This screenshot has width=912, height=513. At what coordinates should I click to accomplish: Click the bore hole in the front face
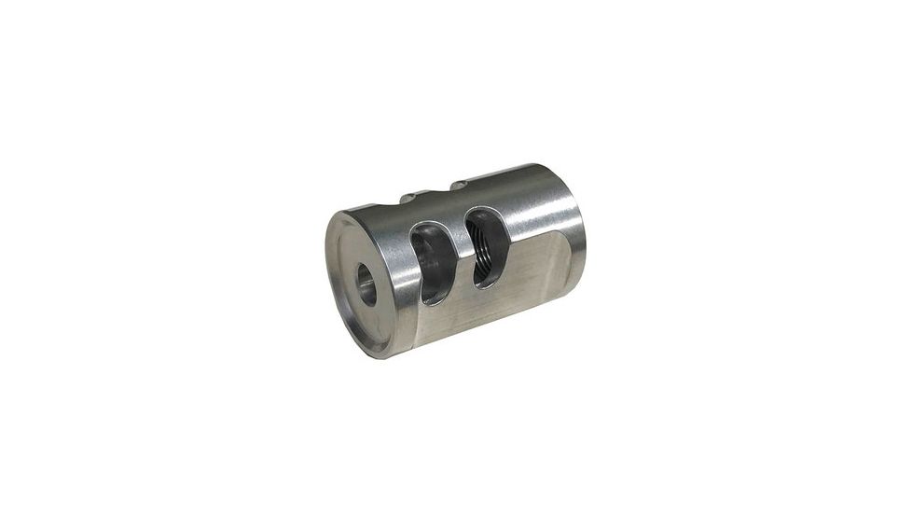(x=366, y=284)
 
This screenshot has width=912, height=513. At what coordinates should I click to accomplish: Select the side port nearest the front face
(x=430, y=264)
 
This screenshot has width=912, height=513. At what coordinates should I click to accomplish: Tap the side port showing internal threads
(x=486, y=247)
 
